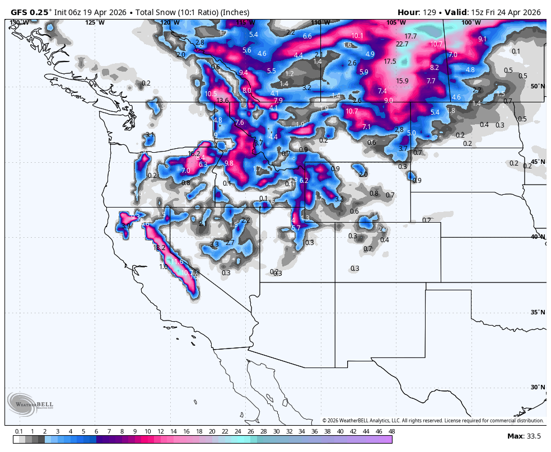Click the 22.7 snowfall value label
coord(402,44)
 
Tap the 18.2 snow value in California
coord(160,248)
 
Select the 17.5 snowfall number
coord(390,62)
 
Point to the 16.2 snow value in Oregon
coord(194,154)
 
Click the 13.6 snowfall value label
coord(222,101)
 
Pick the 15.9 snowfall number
coord(402,81)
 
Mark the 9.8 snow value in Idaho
coord(228,163)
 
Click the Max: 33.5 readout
coord(524,436)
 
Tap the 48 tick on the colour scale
coord(391,431)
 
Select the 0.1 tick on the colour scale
coord(18,431)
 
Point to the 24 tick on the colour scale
coord(237,431)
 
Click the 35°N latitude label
coord(538,312)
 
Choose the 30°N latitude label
coord(538,387)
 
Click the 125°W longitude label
coord(95,23)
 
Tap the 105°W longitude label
coord(395,23)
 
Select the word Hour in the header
coord(408,12)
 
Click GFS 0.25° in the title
coord(31,12)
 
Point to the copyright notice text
coord(433,421)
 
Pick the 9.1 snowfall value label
coord(483,39)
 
